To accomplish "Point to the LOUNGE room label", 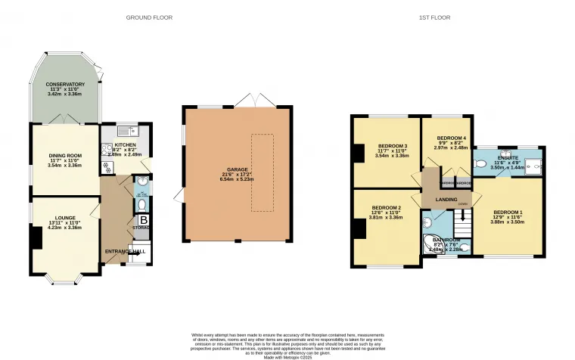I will click(x=64, y=221).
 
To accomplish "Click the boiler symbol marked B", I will click(x=143, y=220).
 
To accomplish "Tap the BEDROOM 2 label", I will click(x=386, y=212).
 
